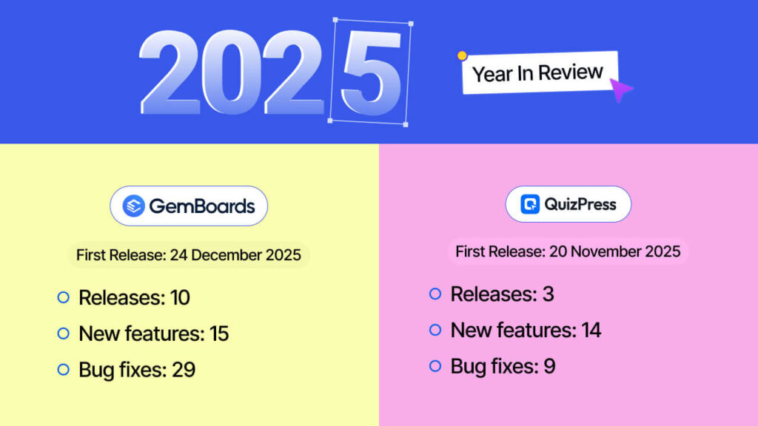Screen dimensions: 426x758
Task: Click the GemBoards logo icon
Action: point(133,206)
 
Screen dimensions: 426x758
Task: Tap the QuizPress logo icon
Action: point(530,204)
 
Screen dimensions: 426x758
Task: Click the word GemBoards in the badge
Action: point(201,206)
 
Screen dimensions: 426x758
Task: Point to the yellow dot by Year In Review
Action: point(462,55)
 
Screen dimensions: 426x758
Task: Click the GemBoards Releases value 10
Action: point(179,298)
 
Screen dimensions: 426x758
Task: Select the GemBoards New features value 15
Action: point(218,334)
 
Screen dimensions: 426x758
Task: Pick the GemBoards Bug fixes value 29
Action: point(184,370)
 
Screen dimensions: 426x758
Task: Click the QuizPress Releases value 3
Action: point(548,294)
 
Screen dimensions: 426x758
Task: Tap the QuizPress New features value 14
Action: point(591,330)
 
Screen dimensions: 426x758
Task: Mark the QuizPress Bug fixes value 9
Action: point(549,366)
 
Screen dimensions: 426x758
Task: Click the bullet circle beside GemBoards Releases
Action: point(63,297)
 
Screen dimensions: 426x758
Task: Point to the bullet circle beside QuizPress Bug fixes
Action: point(435,366)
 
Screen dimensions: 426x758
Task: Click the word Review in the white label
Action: point(571,72)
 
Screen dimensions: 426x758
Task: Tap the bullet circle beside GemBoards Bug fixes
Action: point(63,369)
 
